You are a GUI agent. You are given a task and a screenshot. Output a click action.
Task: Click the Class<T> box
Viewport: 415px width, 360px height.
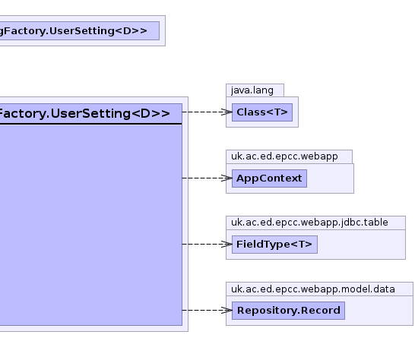pyautogui.click(x=262, y=112)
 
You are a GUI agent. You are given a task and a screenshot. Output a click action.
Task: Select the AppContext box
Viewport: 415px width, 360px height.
pyautogui.click(x=269, y=178)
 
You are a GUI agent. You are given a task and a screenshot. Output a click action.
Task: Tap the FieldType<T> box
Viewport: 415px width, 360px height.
pyautogui.click(x=274, y=244)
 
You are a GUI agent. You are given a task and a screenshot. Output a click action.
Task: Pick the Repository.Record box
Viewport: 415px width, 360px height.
pyautogui.click(x=288, y=311)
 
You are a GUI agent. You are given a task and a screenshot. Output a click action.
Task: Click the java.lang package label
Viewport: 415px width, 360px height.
pyautogui.click(x=252, y=90)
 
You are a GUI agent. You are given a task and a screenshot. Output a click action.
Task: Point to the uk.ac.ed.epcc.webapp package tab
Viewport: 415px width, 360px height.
pyautogui.click(x=289, y=156)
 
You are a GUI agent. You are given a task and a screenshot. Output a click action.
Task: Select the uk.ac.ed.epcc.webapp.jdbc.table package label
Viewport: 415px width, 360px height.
pyautogui.click(x=309, y=223)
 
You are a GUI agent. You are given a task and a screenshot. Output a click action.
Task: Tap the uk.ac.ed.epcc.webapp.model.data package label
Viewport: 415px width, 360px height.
pyautogui.click(x=313, y=289)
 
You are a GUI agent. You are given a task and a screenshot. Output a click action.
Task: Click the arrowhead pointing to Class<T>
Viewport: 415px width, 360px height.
pyautogui.click(x=227, y=112)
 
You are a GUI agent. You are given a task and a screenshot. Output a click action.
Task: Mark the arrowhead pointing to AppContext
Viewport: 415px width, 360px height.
pyautogui.click(x=227, y=178)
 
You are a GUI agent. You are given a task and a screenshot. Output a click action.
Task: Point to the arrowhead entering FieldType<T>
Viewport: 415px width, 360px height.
pyautogui.click(x=227, y=244)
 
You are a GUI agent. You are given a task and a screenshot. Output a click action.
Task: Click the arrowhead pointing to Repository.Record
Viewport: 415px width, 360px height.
pyautogui.click(x=227, y=311)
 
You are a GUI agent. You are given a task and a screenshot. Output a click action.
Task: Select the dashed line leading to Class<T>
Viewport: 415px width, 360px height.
pyautogui.click(x=207, y=112)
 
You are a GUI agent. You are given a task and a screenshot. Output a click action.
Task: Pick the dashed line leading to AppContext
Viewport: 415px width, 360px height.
pyautogui.click(x=207, y=178)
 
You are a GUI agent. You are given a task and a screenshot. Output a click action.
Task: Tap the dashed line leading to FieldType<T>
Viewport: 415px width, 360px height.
pyautogui.click(x=207, y=244)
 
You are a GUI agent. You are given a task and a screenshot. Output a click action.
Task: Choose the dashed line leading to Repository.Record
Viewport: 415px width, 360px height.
pyautogui.click(x=207, y=311)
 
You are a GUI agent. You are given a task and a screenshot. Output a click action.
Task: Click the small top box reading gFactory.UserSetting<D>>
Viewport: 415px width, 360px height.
pyautogui.click(x=79, y=30)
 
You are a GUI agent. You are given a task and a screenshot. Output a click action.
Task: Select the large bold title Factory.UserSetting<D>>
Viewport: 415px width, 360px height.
pyautogui.click(x=84, y=114)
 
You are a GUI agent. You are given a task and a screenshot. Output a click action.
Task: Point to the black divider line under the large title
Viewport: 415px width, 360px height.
pyautogui.click(x=90, y=124)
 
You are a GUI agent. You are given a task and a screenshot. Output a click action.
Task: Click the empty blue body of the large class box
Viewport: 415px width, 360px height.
pyautogui.click(x=90, y=225)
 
